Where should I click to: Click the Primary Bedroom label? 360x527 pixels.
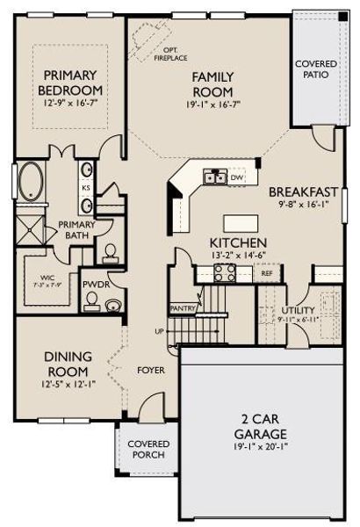point(71,83)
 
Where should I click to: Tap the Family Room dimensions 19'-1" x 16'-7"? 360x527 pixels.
point(212,105)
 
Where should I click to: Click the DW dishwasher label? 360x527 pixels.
point(237,177)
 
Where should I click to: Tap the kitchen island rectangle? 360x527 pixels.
point(237,221)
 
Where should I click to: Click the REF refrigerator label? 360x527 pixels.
point(266,273)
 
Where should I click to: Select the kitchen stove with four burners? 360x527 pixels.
point(225,273)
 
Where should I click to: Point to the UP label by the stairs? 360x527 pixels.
point(159,332)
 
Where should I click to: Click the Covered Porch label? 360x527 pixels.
point(149,451)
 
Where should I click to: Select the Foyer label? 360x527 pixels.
point(151,370)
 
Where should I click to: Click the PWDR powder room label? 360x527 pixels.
point(94,285)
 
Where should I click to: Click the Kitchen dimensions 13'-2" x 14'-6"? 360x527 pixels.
point(238,255)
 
